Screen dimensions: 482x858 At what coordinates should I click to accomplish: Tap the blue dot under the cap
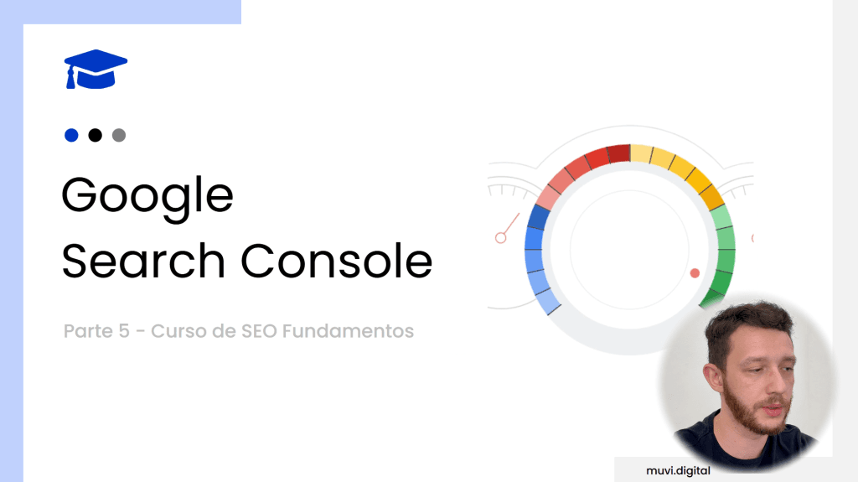coord(71,135)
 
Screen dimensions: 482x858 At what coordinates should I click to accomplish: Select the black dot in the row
coord(95,135)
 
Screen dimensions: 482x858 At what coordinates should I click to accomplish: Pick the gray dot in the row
coord(118,135)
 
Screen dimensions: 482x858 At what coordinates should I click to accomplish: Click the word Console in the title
coord(337,261)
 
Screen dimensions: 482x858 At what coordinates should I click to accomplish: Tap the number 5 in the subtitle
coord(124,331)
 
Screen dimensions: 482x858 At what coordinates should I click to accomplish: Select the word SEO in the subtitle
coord(259,331)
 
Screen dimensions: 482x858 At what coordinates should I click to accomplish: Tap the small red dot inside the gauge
coord(694,273)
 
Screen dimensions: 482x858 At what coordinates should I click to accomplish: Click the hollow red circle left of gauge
coord(501,238)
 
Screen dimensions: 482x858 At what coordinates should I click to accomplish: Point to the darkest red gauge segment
coord(618,154)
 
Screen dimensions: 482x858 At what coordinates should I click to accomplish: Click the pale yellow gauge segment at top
coord(641,154)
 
